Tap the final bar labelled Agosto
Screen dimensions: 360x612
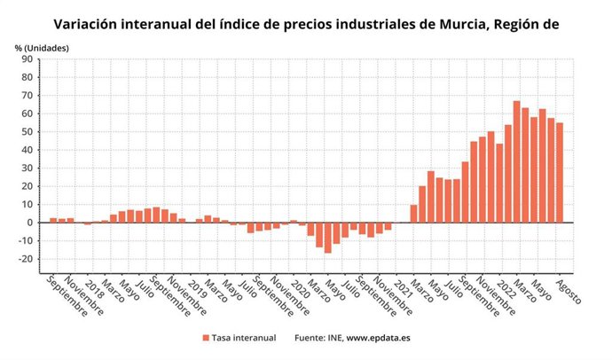(560, 173)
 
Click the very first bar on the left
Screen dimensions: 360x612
(53, 220)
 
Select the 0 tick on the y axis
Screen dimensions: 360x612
(30, 223)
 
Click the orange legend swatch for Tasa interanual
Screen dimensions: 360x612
(205, 338)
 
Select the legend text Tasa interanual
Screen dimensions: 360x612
(244, 338)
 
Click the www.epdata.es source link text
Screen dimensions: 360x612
(372, 338)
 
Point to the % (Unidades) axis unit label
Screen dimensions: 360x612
(40, 46)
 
